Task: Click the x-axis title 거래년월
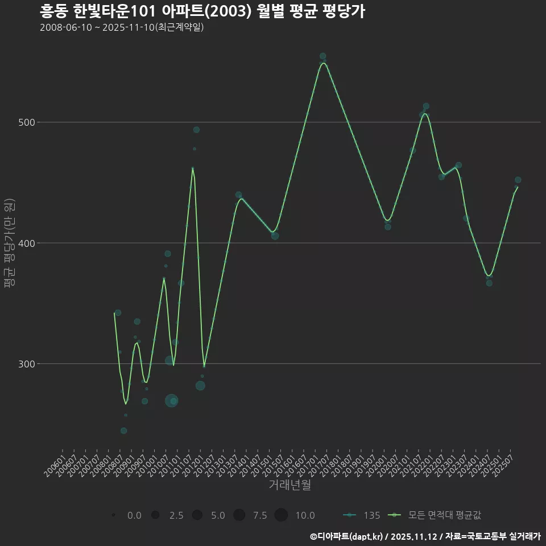coord(289,485)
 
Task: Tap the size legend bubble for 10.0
coord(281,515)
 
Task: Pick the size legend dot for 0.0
coord(114,515)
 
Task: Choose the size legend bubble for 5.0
coord(197,515)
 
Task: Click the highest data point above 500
coord(322,56)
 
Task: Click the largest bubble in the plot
coord(171,400)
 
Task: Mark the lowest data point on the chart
coord(123,431)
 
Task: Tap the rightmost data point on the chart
coord(518,180)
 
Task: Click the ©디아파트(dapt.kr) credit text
coord(347,536)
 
